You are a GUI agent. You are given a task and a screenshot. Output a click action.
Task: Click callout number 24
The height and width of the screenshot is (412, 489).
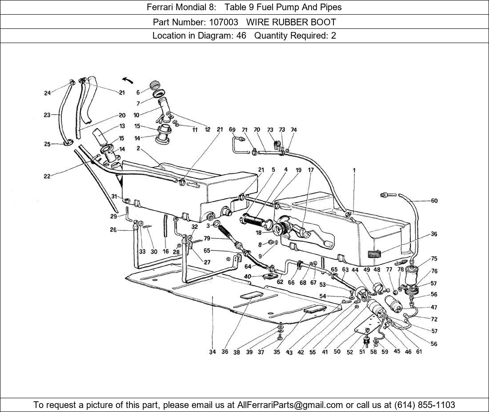click(47, 93)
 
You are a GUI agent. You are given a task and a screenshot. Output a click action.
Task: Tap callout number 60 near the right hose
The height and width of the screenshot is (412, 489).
click(434, 201)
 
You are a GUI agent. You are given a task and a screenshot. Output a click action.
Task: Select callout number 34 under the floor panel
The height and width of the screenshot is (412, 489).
click(212, 352)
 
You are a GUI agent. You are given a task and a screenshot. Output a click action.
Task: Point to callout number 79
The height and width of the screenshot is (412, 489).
click(207, 239)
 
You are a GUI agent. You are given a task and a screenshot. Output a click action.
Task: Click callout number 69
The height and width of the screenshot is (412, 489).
click(232, 130)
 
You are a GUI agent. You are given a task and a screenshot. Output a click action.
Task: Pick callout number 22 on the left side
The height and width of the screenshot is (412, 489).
click(47, 176)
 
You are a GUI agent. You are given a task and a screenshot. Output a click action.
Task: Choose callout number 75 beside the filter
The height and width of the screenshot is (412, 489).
click(434, 259)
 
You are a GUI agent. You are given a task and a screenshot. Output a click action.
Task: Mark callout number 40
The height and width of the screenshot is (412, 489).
click(247, 276)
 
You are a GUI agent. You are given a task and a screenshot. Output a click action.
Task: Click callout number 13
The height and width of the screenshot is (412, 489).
click(122, 127)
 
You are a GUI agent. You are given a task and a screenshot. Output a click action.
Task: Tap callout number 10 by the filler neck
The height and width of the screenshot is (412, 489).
click(136, 115)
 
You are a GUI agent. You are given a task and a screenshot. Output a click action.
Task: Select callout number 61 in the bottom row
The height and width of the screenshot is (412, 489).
click(419, 352)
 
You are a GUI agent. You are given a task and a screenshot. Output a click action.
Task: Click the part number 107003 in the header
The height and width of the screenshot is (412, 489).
click(224, 22)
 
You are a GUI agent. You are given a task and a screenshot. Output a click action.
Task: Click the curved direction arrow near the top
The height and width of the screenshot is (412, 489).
click(128, 80)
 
